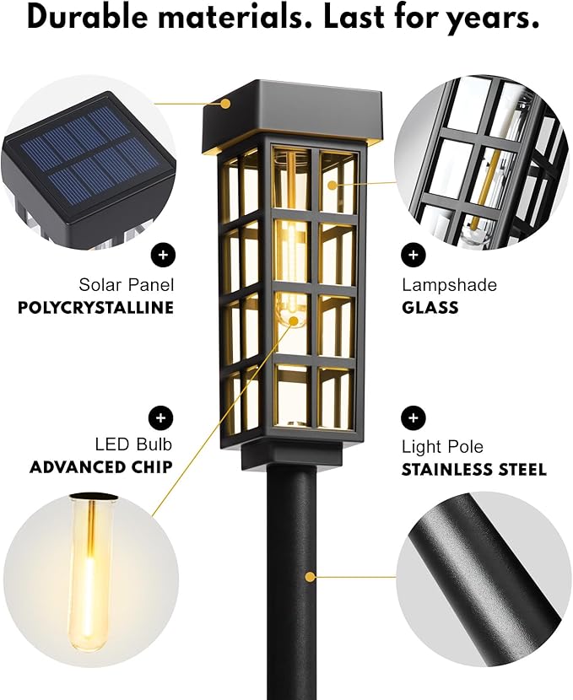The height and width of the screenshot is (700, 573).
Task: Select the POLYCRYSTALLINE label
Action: [95, 308]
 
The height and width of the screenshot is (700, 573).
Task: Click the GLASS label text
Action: [430, 308]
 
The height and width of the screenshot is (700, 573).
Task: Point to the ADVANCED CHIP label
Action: [101, 467]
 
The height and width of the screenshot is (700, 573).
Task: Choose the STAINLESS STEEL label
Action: [473, 469]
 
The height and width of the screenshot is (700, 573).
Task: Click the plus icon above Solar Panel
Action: [161, 253]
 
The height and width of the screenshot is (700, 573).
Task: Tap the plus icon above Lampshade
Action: [413, 253]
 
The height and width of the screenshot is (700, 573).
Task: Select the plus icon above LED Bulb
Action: [161, 417]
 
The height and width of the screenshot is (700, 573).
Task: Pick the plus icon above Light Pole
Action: [413, 417]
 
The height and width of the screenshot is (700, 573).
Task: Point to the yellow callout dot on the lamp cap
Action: [226, 105]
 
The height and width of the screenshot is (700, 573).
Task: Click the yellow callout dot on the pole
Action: [311, 577]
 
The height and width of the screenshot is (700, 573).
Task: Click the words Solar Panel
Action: [126, 285]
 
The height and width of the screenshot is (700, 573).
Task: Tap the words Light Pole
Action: [442, 447]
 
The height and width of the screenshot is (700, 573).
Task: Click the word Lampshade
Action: [448, 285]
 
